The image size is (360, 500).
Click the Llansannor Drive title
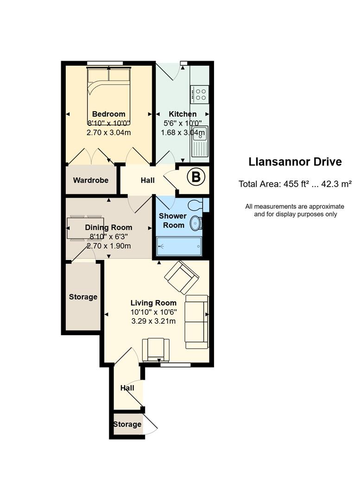[295, 162]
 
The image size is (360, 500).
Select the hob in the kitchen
[200, 94]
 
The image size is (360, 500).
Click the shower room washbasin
[196, 223]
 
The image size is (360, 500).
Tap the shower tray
[179, 246]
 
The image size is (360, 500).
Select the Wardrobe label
[91, 180]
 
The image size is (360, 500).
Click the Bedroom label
[108, 114]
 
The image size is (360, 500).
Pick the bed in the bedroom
[108, 95]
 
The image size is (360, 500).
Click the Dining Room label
[108, 227]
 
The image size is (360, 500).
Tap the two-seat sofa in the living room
[197, 322]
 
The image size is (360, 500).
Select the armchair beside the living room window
[156, 350]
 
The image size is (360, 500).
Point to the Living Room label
[153, 303]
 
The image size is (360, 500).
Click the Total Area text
[295, 184]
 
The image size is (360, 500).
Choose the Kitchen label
[183, 114]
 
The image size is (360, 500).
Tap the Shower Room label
[173, 220]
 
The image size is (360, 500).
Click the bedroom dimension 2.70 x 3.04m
[108, 132]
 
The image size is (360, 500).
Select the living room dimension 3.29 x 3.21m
[153, 321]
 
